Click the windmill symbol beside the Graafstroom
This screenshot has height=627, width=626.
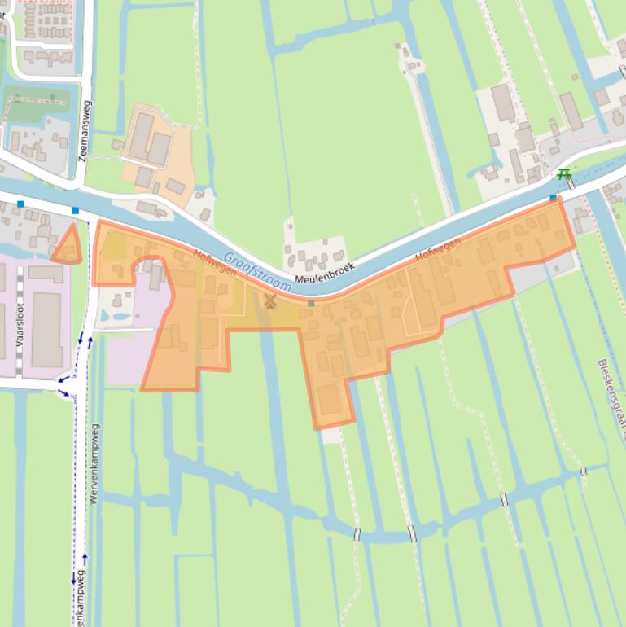tap(270, 301)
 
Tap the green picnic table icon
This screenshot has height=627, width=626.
tap(563, 174)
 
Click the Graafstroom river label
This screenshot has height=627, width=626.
tap(257, 271)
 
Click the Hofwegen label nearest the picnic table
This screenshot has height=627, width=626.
tap(438, 248)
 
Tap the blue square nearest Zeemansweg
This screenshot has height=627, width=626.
tap(76, 211)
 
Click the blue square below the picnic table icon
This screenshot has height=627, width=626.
tap(554, 198)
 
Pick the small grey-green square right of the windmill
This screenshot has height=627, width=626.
tap(311, 303)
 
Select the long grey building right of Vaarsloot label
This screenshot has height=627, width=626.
tap(46, 329)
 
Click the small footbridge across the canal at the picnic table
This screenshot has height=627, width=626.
tap(571, 183)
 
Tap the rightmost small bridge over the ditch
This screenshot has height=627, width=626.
tap(583, 471)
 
